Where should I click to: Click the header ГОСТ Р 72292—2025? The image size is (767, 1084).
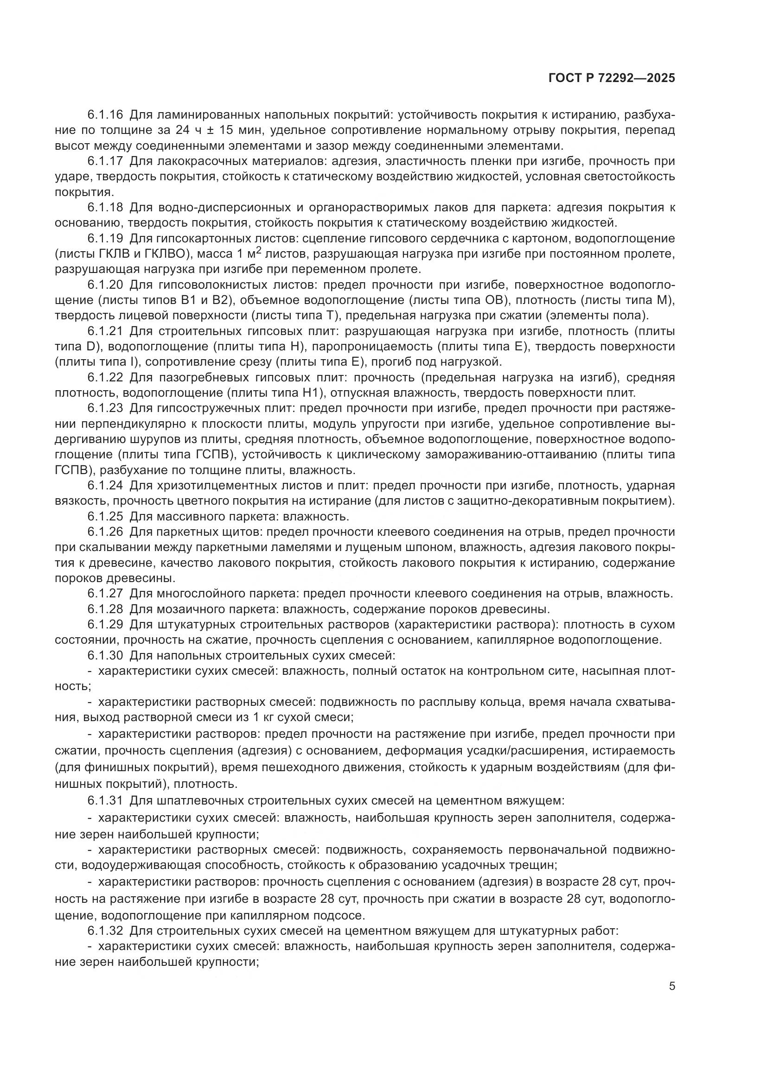pyautogui.click(x=612, y=78)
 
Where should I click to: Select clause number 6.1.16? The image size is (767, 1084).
pyautogui.click(x=105, y=115)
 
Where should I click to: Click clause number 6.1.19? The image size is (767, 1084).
pyautogui.click(x=105, y=238)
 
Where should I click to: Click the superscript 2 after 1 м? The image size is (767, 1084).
pyautogui.click(x=258, y=250)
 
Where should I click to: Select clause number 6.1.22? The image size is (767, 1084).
pyautogui.click(x=105, y=377)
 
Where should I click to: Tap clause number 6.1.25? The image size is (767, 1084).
pyautogui.click(x=105, y=516)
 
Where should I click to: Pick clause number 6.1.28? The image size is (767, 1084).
pyautogui.click(x=105, y=609)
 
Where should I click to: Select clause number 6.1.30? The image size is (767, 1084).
pyautogui.click(x=105, y=655)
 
